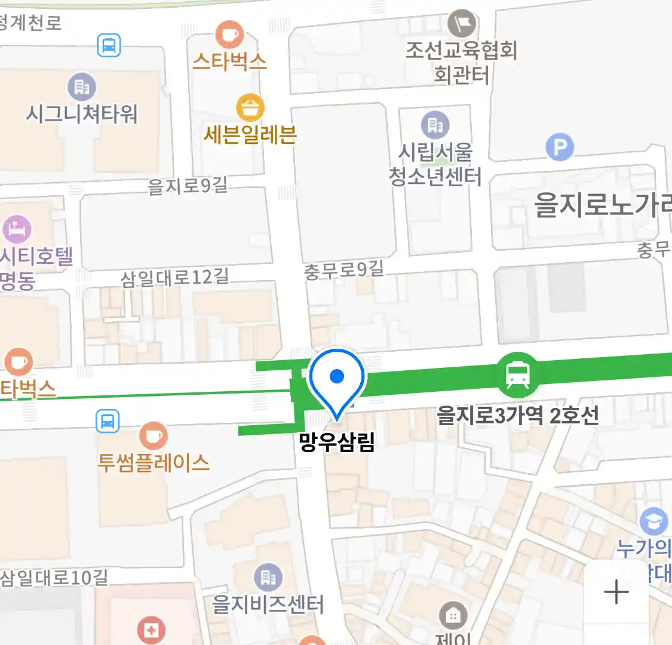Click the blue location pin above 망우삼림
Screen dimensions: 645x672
[x=337, y=380]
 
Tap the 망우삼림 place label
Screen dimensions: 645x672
[x=337, y=443]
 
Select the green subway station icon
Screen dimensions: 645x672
[x=517, y=375]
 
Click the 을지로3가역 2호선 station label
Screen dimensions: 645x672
[x=517, y=415]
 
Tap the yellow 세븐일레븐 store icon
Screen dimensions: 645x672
[x=250, y=108]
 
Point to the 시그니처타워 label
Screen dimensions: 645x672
[x=82, y=113]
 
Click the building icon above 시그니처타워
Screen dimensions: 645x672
[x=82, y=87]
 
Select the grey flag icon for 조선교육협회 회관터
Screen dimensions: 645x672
[x=462, y=24]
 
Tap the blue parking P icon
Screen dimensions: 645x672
[x=560, y=147]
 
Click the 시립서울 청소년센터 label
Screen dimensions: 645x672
[x=435, y=165]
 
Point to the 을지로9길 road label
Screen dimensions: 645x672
[x=188, y=186]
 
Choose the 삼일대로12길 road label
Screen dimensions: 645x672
[x=174, y=278]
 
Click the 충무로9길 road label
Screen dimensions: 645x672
[x=343, y=270]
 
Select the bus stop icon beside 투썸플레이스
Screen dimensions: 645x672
[x=108, y=422]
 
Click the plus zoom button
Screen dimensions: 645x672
[x=616, y=592]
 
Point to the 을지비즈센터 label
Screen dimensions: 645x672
[x=268, y=604]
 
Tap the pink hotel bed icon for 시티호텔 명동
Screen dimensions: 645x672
[x=17, y=229]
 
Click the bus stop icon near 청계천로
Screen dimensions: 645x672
[x=109, y=45]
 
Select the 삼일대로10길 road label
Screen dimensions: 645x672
[x=54, y=578]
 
